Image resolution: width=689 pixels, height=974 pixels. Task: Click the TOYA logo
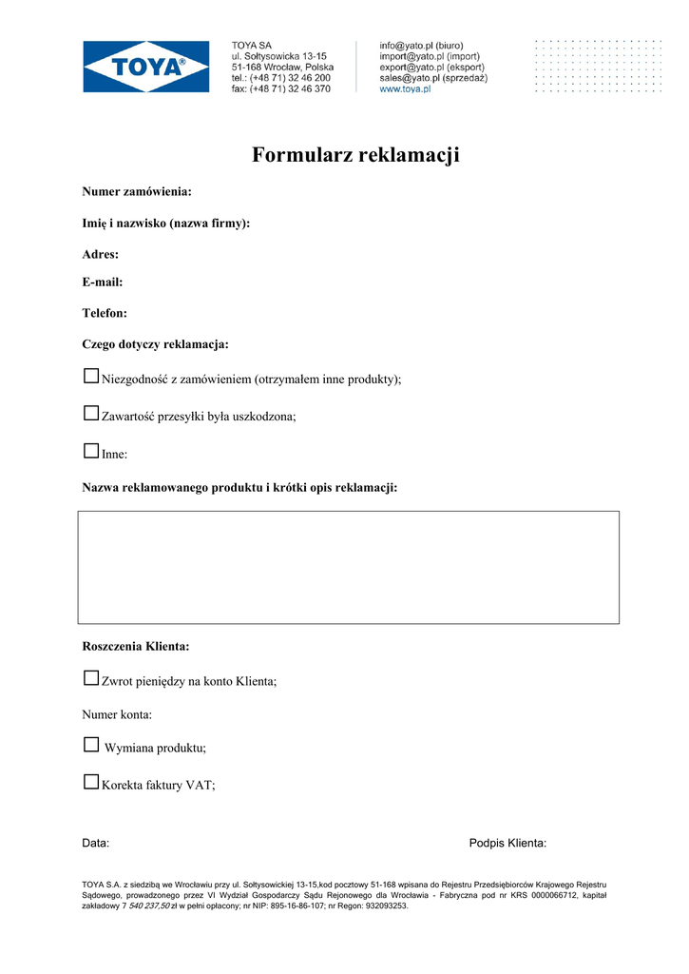146,67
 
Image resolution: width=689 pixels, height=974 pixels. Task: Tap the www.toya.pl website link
405,89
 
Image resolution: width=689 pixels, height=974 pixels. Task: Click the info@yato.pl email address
407,46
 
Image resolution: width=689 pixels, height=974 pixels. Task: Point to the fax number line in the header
281,88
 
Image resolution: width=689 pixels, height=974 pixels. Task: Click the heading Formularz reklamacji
355,155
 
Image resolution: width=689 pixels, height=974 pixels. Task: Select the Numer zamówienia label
137,192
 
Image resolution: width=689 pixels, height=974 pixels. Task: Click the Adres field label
101,255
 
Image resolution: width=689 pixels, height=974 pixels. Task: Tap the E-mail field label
103,282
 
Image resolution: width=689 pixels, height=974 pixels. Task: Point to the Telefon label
105,313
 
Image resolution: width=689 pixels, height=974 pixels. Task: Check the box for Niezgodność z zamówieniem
91,377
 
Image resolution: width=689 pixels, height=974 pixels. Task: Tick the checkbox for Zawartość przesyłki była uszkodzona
91,414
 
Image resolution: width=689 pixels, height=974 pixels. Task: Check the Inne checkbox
91,452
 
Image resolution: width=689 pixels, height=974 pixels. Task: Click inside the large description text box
348,567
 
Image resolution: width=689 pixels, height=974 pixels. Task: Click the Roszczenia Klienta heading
136,647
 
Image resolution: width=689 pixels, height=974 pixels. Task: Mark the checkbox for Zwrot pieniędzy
91,679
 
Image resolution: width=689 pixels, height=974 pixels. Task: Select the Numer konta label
117,714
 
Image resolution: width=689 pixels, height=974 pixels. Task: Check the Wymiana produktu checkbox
91,745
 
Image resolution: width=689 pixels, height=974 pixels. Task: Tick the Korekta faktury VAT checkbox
91,783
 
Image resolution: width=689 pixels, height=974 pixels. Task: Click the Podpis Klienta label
507,844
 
